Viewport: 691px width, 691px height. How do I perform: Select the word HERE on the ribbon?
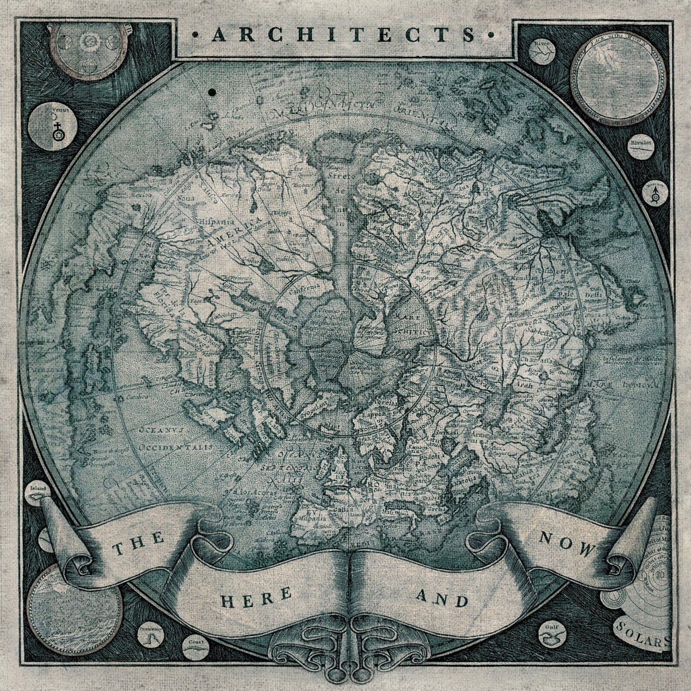coord(256,595)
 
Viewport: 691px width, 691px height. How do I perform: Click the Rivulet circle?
coord(641,147)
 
